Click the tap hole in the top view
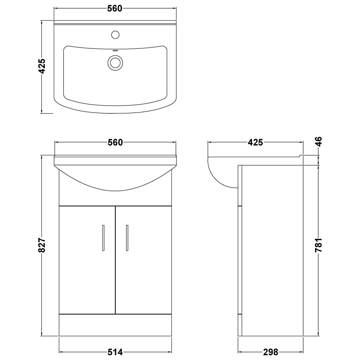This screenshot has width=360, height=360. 115,34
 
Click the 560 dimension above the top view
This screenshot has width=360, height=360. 115,9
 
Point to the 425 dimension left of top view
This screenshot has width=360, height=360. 42,66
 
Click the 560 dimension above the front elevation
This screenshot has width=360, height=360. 115,142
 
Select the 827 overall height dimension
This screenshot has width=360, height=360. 42,245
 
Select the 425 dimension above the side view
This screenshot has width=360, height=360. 255,142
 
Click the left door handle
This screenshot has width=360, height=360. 103,238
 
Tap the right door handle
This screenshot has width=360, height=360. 127,238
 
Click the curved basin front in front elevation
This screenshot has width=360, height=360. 115,179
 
